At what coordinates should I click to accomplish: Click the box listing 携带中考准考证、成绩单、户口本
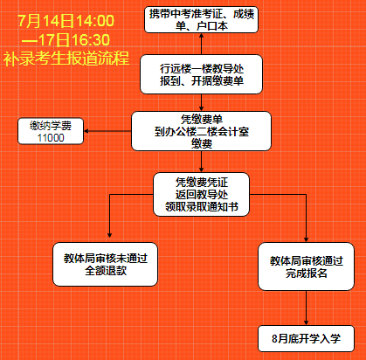tap(201, 19)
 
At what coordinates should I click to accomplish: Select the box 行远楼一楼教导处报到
tap(201, 74)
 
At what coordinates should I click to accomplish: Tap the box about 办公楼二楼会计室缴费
tap(201, 131)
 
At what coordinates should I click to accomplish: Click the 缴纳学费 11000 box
tap(51, 131)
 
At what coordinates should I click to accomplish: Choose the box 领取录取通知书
tap(201, 194)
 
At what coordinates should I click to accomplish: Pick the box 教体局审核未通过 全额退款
tap(105, 264)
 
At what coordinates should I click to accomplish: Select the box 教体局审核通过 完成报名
tap(306, 267)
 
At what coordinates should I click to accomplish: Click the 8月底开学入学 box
tap(306, 338)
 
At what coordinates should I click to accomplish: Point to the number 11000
tap(51, 137)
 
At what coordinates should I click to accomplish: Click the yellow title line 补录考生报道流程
tap(66, 59)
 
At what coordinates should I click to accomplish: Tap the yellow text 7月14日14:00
tap(66, 21)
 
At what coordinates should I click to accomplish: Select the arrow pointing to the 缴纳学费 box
tap(107, 131)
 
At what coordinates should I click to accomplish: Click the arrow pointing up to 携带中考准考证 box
tap(201, 44)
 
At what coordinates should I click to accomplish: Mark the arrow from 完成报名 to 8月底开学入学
tap(306, 308)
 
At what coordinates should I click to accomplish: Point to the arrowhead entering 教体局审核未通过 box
tap(109, 235)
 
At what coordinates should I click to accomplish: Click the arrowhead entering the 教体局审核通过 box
tap(306, 239)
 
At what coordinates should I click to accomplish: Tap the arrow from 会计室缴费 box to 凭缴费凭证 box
tap(201, 162)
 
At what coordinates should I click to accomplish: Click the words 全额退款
tap(106, 271)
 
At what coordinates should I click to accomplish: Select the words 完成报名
tap(307, 273)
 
